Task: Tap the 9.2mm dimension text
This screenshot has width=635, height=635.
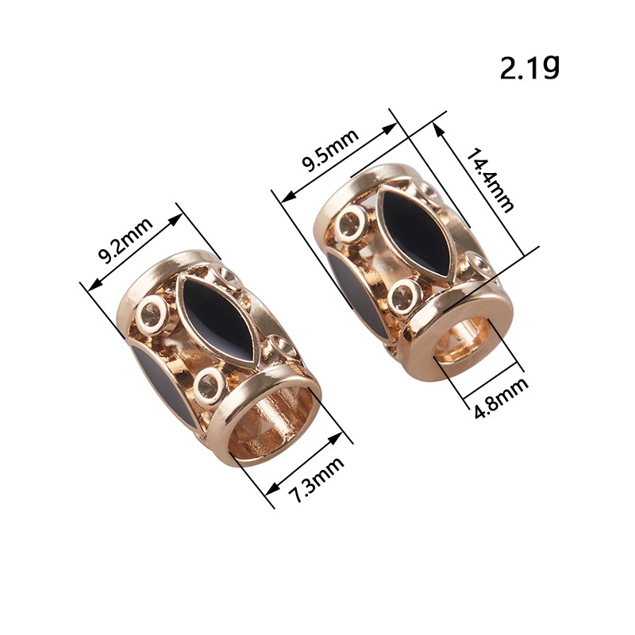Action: coord(125,241)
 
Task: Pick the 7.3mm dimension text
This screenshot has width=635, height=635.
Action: coord(317,479)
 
